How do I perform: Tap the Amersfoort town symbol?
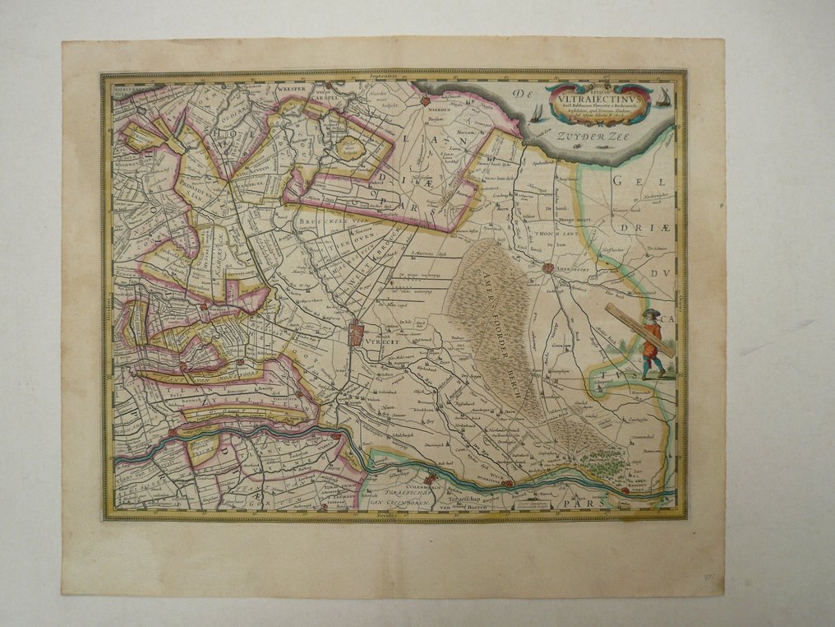[x=548, y=267]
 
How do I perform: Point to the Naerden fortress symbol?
[x=425, y=102]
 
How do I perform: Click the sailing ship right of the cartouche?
[x=662, y=99]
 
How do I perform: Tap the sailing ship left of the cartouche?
[x=536, y=113]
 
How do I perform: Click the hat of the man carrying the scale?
[x=649, y=314]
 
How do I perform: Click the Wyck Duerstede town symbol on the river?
[x=508, y=484]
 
